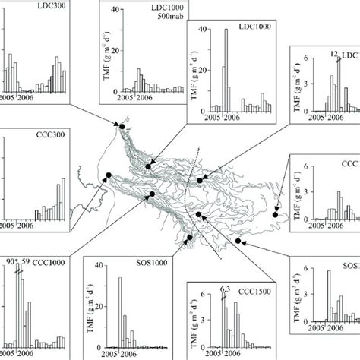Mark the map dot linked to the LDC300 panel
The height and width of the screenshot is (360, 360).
(x=118, y=125)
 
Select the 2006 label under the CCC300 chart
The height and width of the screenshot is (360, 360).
(x=25, y=225)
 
